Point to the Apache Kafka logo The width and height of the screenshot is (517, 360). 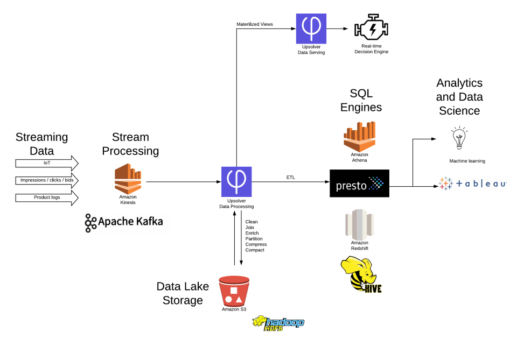[124, 222]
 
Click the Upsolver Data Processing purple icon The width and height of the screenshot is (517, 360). [236, 182]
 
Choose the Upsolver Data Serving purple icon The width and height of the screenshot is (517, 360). [311, 29]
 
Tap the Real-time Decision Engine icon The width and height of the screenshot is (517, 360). [372, 30]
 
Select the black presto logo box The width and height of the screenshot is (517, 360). [359, 183]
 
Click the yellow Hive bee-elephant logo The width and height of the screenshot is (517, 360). [361, 274]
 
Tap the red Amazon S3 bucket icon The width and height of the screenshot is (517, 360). [234, 291]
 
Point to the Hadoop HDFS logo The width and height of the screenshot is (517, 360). [278, 323]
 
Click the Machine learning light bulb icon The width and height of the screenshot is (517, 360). [459, 139]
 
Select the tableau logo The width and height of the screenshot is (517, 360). [472, 183]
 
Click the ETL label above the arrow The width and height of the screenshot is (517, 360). [291, 177]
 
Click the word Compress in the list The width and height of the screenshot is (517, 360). [256, 244]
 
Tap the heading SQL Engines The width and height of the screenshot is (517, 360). [361, 100]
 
